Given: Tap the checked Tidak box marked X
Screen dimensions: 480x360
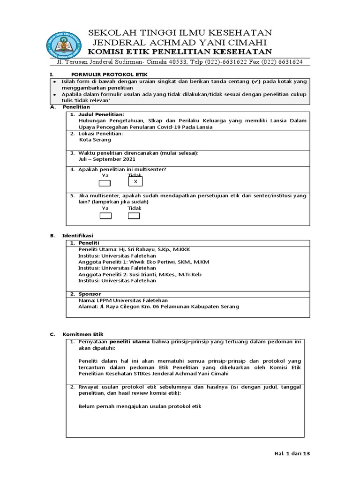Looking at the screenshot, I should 135,181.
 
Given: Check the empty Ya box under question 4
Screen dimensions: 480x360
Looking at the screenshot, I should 105,183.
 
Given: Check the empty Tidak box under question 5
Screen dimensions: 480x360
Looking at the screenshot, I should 134,216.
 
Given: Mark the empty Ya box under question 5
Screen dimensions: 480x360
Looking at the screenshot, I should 105,216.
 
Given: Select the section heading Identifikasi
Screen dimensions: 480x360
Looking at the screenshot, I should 78,235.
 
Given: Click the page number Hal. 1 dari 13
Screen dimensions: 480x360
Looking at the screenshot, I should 292,453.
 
